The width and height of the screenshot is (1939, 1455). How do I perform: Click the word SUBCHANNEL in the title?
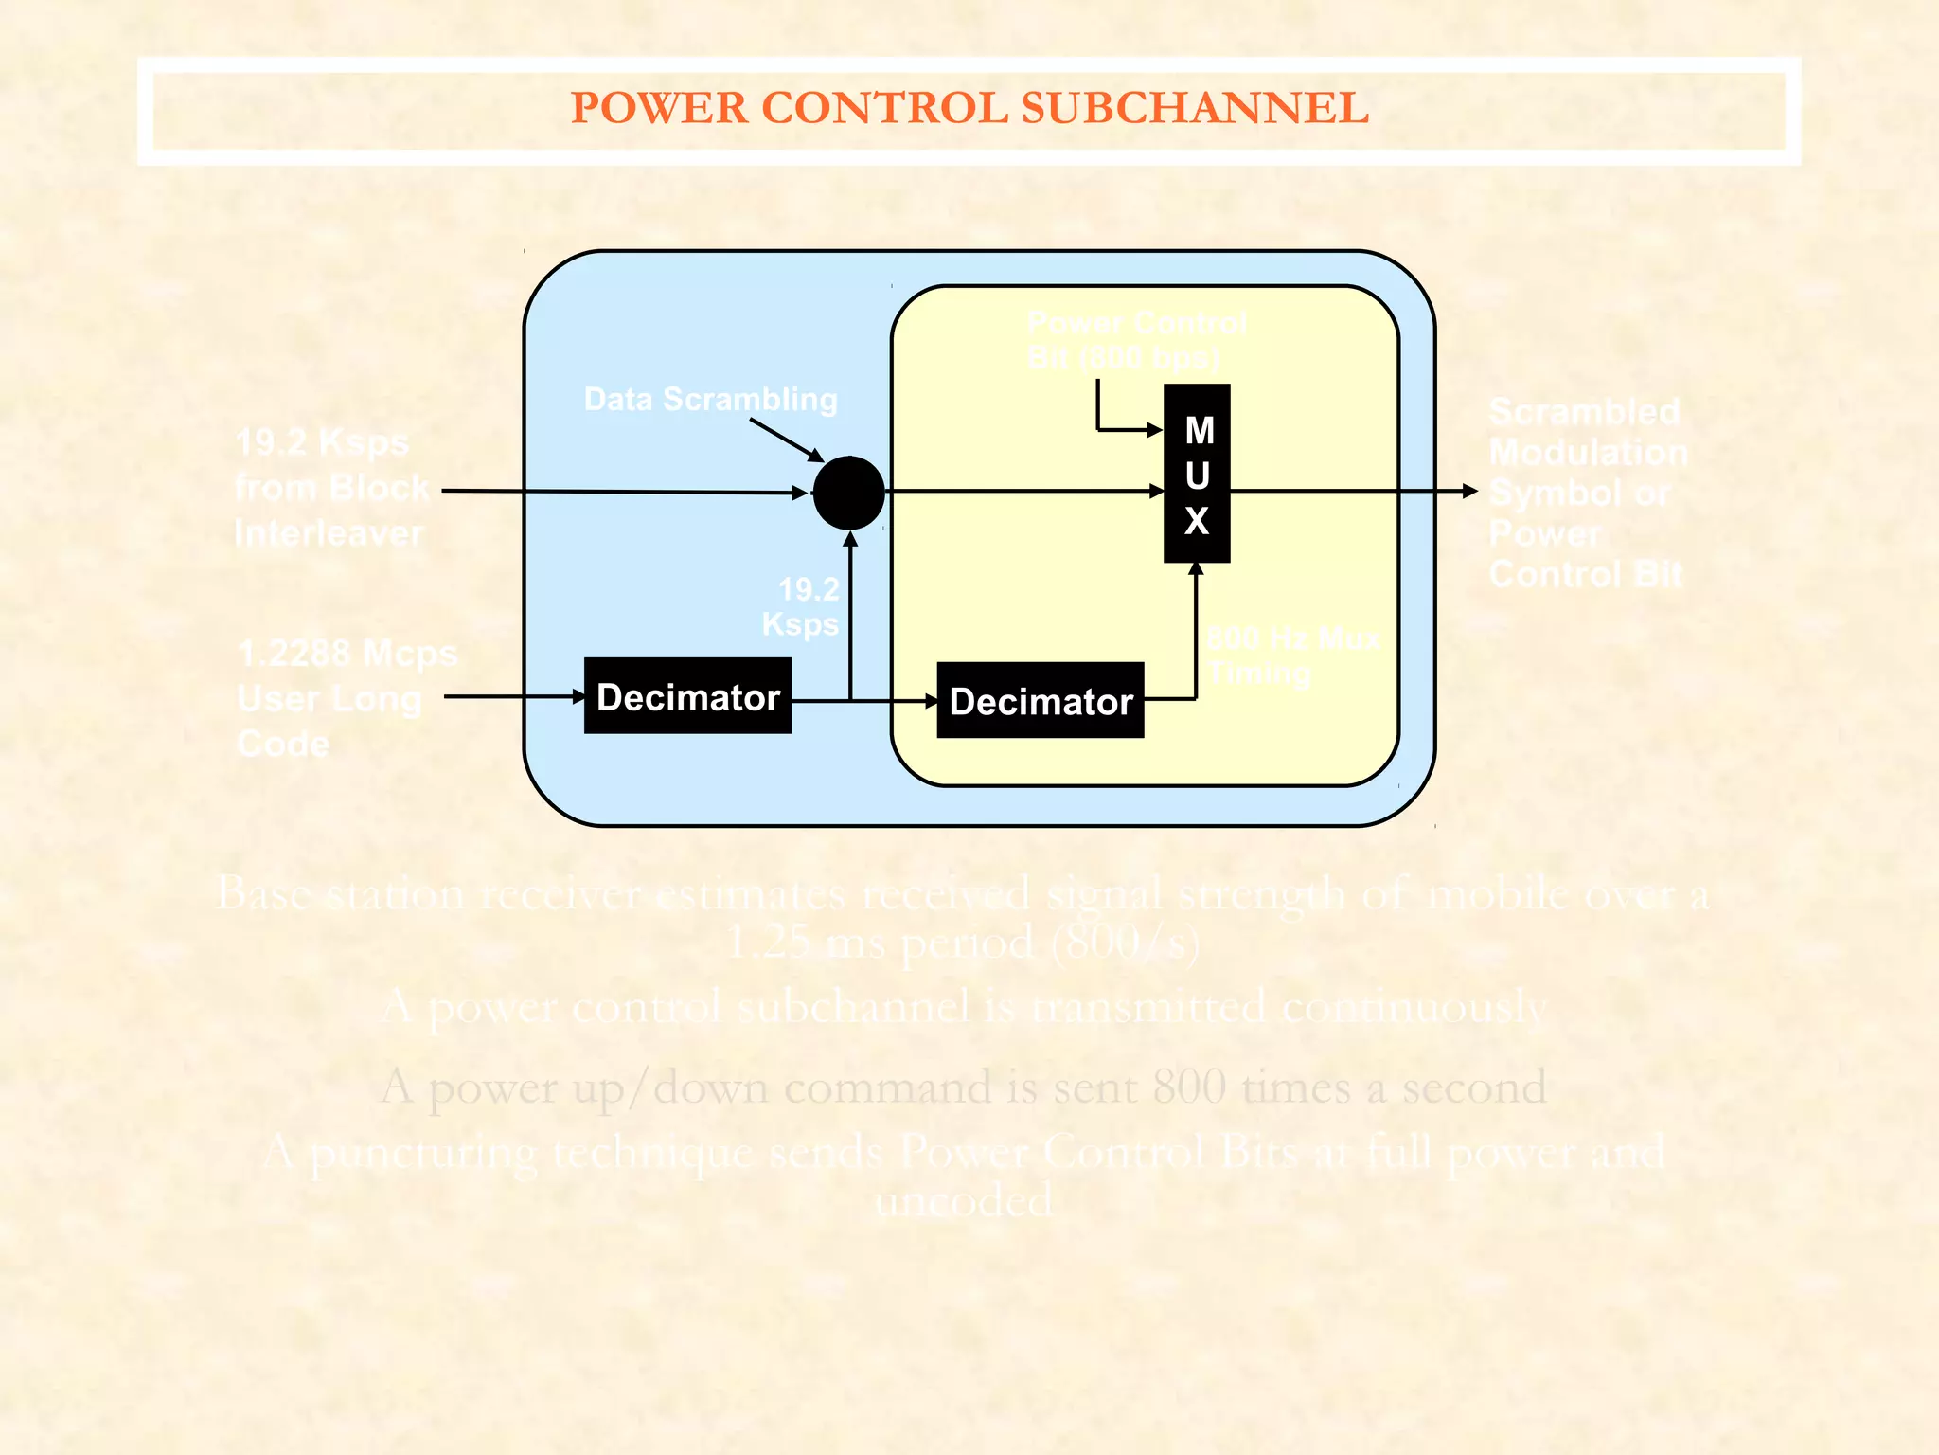click(1194, 108)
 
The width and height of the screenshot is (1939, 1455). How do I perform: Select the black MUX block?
click(1197, 473)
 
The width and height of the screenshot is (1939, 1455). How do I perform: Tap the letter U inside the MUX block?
click(1198, 476)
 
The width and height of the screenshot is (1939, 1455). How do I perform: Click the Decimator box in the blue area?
click(687, 696)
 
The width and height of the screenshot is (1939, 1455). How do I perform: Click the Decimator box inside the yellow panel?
click(1040, 701)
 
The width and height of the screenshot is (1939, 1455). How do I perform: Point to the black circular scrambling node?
click(848, 493)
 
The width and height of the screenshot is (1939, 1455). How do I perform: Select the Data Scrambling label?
click(710, 399)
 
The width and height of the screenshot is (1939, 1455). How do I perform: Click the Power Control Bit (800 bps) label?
click(1136, 340)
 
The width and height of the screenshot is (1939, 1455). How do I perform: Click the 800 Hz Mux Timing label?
click(1291, 655)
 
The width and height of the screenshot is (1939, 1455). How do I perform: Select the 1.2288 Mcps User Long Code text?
click(345, 698)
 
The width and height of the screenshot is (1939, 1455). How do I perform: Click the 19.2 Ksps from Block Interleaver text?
click(331, 488)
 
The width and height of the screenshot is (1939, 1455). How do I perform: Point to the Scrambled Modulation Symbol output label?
click(1587, 493)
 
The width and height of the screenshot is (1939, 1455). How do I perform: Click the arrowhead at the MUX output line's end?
click(1469, 491)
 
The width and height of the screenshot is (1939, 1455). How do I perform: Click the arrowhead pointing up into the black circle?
click(850, 539)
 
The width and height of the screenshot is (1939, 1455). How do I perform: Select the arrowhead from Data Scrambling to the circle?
click(815, 456)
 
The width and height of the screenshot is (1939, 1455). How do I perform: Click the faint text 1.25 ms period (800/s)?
click(962, 943)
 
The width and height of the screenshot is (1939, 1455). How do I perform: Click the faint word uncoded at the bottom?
click(962, 1201)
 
